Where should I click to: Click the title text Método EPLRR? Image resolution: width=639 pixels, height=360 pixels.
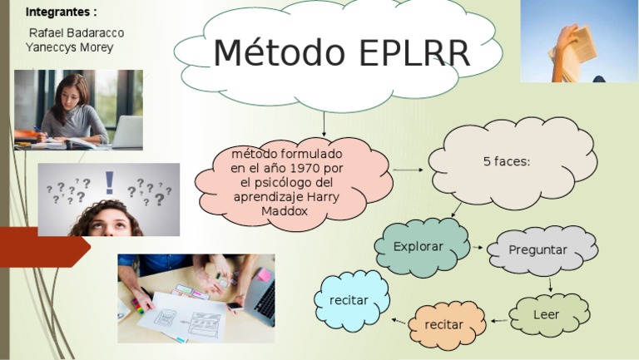click(x=341, y=53)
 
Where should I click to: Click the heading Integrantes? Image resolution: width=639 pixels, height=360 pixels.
click(x=61, y=12)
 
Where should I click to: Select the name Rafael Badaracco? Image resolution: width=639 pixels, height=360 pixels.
click(x=77, y=32)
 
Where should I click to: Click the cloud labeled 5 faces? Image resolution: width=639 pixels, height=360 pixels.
click(x=507, y=161)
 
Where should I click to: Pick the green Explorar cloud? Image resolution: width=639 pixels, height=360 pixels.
click(x=419, y=247)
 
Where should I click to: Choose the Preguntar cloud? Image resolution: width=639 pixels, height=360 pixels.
click(x=537, y=249)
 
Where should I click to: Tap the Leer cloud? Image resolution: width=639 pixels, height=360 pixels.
click(x=547, y=314)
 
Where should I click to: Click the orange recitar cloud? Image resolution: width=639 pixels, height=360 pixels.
click(x=443, y=324)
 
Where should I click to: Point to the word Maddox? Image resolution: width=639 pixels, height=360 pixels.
click(x=285, y=211)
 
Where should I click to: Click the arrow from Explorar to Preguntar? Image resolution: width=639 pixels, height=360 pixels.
click(x=477, y=248)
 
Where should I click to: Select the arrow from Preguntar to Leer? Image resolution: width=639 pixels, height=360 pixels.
click(x=550, y=285)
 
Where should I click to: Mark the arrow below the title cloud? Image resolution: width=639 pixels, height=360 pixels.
click(x=324, y=126)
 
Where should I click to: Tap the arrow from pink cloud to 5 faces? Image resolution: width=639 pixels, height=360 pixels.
click(x=407, y=170)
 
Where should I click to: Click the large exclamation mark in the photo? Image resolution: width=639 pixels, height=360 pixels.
click(x=109, y=183)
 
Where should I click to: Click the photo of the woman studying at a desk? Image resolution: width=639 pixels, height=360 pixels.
click(x=78, y=110)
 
